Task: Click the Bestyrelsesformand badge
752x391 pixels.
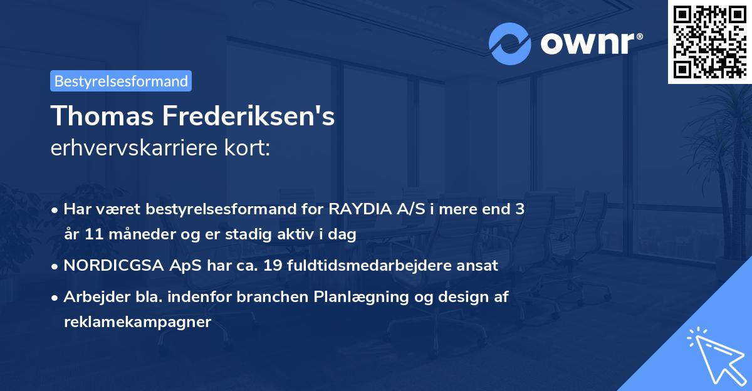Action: [120, 81]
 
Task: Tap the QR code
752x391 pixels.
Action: [708, 41]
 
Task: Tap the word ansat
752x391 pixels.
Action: [478, 266]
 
